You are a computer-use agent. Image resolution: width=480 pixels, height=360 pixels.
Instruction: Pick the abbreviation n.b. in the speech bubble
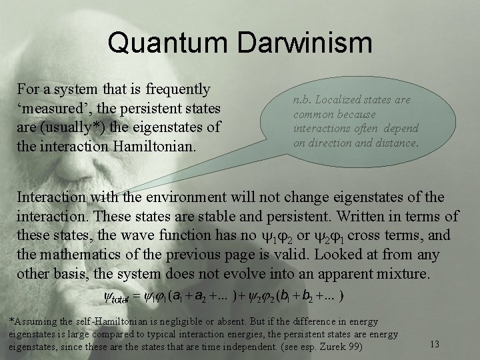(302, 99)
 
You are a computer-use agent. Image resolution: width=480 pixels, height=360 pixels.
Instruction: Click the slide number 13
(434, 343)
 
